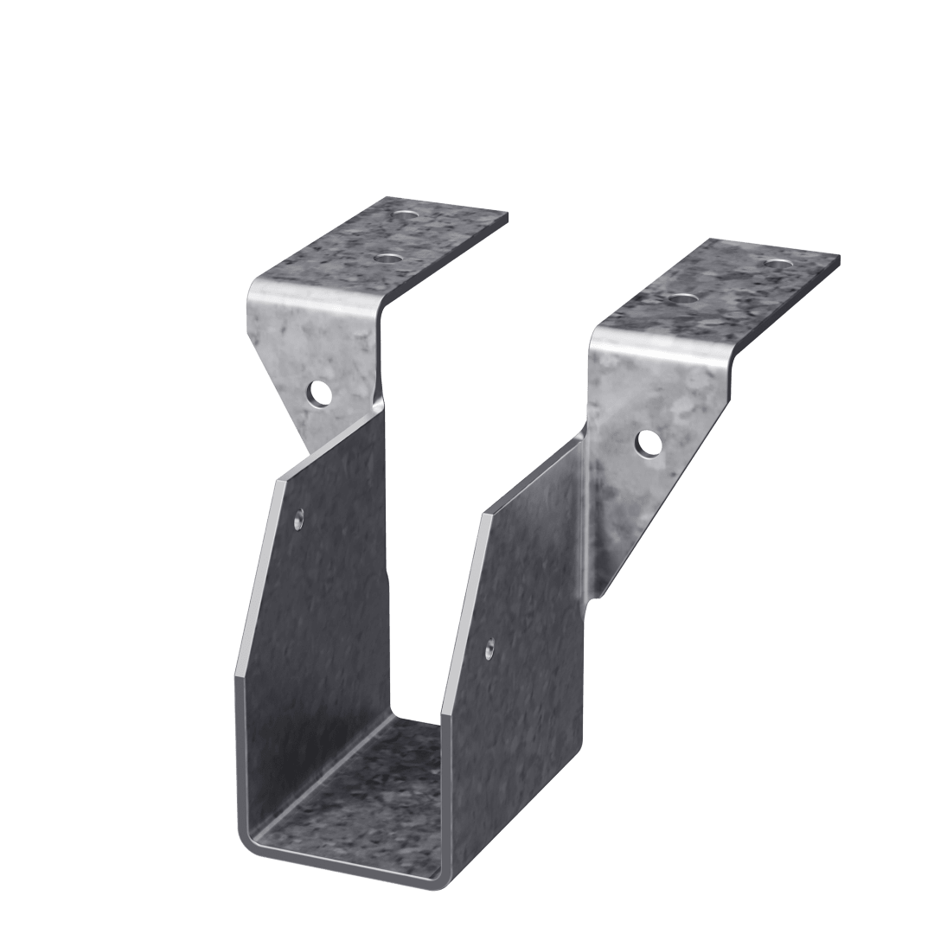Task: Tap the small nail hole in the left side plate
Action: point(298,520)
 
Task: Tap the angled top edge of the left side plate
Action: point(329,450)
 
